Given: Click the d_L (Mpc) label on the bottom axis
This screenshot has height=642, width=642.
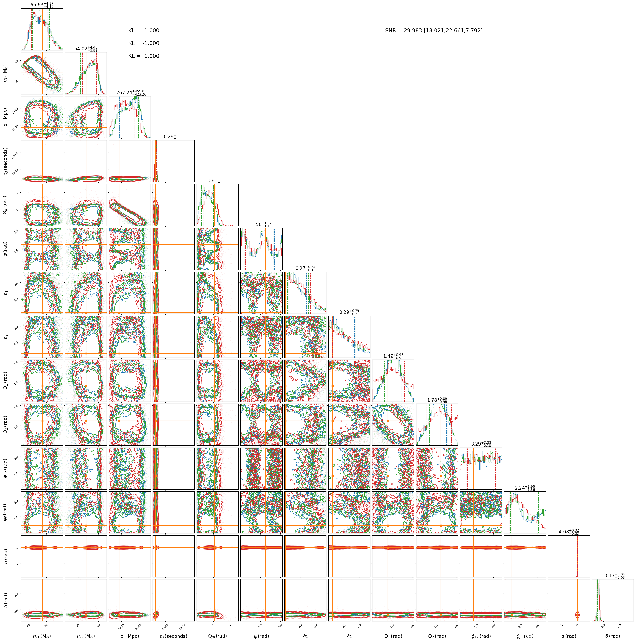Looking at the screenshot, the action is pyautogui.click(x=130, y=636).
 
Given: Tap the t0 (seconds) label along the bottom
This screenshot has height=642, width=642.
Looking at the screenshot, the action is pyautogui.click(x=173, y=636).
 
